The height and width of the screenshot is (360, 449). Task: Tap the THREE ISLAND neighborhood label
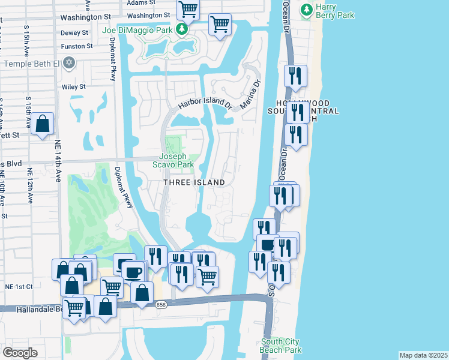[195, 182]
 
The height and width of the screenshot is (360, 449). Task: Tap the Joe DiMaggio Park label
[138, 30]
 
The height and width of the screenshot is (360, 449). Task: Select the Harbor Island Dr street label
[205, 104]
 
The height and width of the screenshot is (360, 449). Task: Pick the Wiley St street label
[74, 86]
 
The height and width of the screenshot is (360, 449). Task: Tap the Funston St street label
[77, 46]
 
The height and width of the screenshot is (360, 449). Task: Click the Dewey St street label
[74, 32]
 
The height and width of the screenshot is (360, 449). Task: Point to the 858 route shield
[160, 305]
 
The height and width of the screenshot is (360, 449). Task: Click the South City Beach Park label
[281, 346]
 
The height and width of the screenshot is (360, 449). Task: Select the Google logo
[20, 352]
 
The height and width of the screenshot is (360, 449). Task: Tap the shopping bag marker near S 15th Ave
[43, 124]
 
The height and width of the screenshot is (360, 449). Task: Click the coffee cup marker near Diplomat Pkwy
[134, 271]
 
